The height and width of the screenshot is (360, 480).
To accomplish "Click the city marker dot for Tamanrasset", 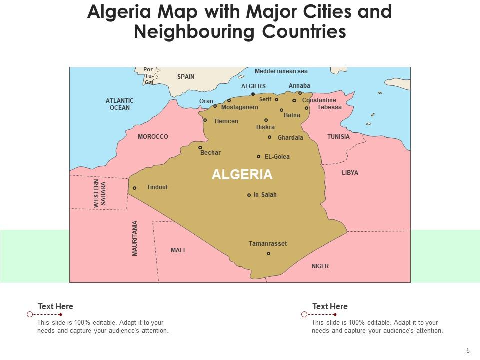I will pos(268,254).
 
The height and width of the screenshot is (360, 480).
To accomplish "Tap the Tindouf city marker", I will pos(134,188).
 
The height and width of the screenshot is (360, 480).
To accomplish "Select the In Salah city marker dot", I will pos(249,195).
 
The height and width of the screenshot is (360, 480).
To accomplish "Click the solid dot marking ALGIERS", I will pos(253,94).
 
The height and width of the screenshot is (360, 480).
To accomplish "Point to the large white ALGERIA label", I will pos(242,174).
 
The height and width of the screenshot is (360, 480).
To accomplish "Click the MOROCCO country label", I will pos(153,137).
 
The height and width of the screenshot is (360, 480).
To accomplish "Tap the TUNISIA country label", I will pos(338,137).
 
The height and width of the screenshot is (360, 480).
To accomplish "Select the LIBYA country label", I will pos(350,173).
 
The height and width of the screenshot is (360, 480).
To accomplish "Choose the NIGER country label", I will pos(320,266).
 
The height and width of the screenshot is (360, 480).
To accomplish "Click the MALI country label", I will pos(178,250).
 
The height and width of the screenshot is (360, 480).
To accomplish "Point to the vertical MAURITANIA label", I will pos(135,238).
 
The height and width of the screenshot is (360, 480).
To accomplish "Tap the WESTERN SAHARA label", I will pos(100,193).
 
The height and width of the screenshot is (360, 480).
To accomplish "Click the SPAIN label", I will pos(186,77).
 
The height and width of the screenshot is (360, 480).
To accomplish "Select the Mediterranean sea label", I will pos(281,71).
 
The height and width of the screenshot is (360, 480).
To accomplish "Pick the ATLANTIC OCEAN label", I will pos(120,104).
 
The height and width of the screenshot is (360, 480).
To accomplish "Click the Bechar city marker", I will pos(200,147).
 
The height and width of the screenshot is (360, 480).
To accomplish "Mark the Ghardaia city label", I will pos(290,138).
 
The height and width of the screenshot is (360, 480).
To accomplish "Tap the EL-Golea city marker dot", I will pos(259,157).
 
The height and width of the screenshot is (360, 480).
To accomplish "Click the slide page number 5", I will pos(468,350).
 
